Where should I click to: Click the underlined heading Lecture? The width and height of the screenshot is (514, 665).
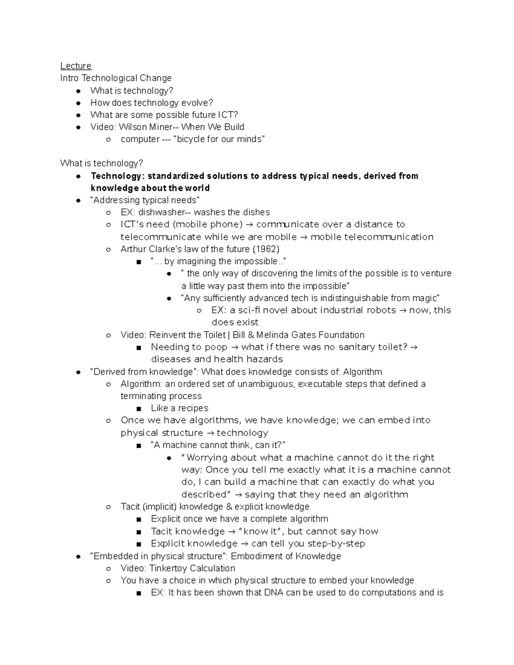pyautogui.click(x=76, y=66)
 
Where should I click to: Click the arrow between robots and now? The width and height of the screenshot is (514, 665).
pyautogui.click(x=403, y=310)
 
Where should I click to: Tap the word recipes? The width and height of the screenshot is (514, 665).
pyautogui.click(x=193, y=408)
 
